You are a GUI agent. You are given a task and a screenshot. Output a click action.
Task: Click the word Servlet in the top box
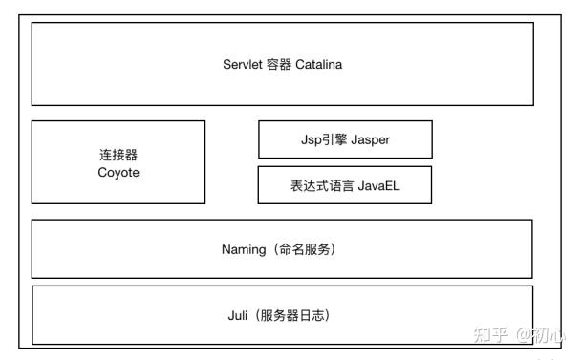click(243, 64)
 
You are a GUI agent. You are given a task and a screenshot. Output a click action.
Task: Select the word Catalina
click(318, 64)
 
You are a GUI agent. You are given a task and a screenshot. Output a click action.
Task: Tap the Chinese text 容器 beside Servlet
click(279, 64)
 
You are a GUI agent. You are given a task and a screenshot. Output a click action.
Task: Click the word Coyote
click(118, 173)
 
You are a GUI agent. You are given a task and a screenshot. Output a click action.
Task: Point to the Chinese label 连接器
click(118, 155)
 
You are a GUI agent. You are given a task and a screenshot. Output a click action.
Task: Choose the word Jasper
click(370, 140)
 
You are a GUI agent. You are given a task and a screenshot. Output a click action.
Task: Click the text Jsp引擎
click(324, 140)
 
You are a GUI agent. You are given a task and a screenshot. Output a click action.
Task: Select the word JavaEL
click(379, 185)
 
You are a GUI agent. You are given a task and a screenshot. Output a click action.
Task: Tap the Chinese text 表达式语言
click(322, 185)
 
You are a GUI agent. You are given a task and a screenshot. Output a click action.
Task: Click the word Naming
click(244, 249)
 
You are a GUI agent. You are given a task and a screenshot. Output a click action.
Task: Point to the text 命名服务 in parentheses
click(304, 249)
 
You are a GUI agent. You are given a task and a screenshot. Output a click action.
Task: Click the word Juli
click(238, 315)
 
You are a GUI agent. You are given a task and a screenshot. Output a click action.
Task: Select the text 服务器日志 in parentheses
click(292, 315)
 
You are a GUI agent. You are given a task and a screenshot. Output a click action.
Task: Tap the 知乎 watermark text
click(490, 335)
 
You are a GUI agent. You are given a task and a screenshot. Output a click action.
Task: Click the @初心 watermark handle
click(541, 335)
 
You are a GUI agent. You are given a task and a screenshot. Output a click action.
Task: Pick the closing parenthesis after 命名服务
click(333, 249)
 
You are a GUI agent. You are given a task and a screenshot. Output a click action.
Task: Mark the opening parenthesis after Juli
click(257, 315)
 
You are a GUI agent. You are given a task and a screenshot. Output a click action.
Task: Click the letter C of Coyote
click(102, 172)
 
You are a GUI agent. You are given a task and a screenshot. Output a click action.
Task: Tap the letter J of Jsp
click(304, 139)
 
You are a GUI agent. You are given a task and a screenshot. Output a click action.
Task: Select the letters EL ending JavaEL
click(393, 185)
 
